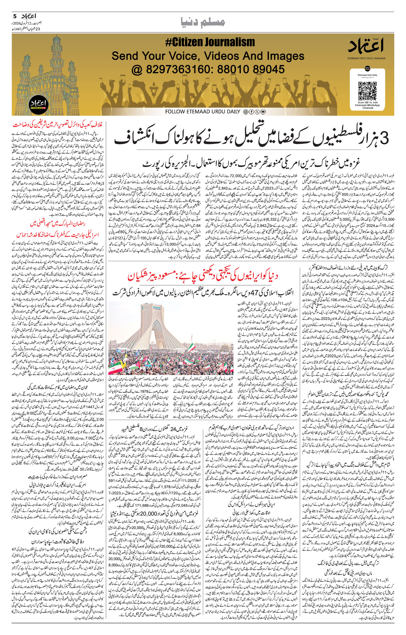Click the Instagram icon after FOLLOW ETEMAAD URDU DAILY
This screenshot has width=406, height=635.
click(245, 112)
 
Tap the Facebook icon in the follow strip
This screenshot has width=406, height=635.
click(251, 112)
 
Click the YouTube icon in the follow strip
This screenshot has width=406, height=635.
click(263, 112)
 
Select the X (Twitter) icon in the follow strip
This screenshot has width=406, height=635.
click(257, 112)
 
